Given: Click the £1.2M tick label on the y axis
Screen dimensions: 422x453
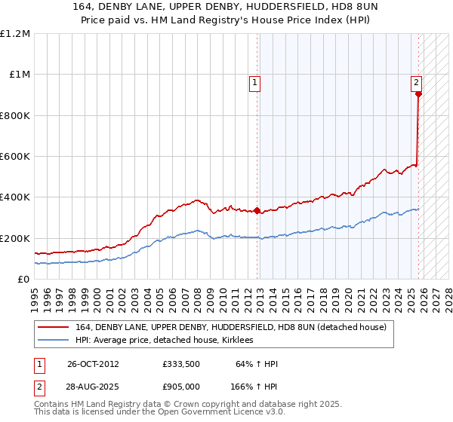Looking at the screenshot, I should coord(15,34).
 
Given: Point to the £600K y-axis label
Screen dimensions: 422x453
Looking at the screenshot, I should coord(15,157).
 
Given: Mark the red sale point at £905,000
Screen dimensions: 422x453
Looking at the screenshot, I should coord(418,94).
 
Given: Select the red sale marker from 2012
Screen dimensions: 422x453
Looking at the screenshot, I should coord(257,211).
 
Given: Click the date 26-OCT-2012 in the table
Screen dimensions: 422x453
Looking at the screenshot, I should coord(93,364).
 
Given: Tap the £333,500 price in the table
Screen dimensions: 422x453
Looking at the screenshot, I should coord(180,364).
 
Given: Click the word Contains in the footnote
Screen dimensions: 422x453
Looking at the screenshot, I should coord(52,405).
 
